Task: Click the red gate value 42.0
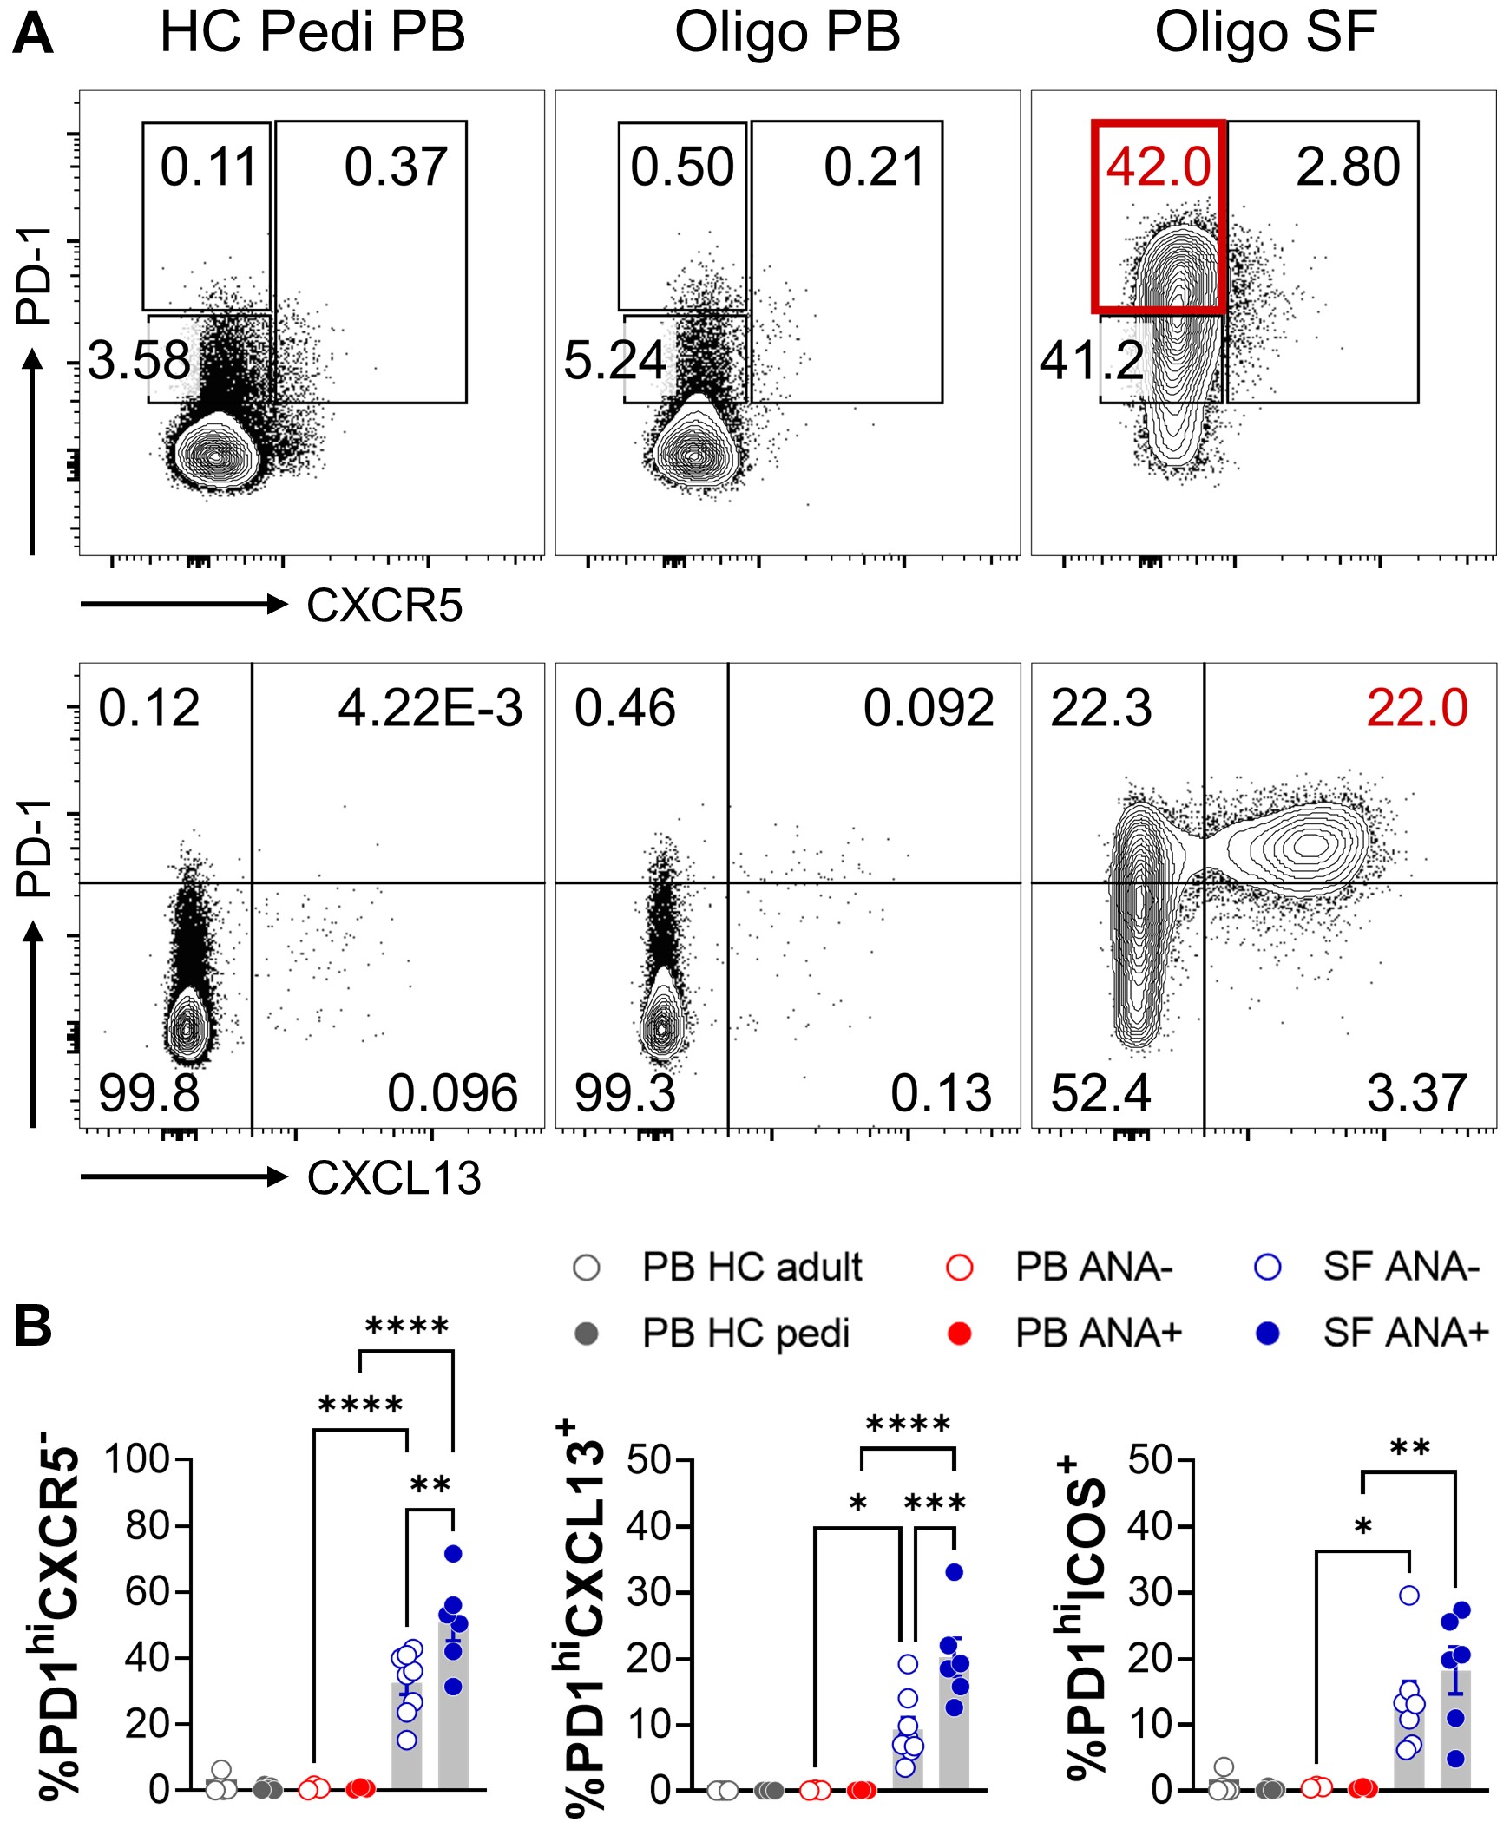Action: pos(1158,167)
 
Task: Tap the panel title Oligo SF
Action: pos(1264,33)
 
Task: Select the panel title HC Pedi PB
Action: pos(312,33)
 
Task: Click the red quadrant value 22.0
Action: pos(1416,708)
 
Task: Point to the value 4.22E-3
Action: pos(430,708)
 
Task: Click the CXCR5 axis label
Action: pos(384,606)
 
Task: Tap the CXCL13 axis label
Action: pos(393,1178)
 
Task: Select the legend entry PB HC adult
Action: pos(752,1268)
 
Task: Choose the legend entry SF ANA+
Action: pos(1405,1333)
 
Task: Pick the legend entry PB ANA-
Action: pos(1093,1268)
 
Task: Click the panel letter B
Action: pos(33,1327)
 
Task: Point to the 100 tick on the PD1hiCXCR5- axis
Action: pos(137,1459)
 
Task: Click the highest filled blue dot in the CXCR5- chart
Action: pos(452,1553)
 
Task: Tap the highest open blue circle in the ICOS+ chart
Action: pos(1409,1595)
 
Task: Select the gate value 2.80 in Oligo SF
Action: pos(1348,167)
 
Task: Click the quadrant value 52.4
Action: pos(1100,1093)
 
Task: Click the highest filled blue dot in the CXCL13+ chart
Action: pos(955,1571)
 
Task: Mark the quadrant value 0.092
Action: pos(928,708)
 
